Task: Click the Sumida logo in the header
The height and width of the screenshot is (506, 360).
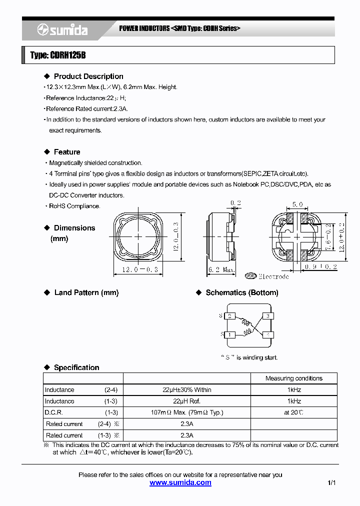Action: pos(62,30)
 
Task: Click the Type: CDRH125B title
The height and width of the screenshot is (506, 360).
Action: pos(58,55)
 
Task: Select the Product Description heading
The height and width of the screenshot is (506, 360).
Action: pos(88,76)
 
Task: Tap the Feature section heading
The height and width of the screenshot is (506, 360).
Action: pos(66,152)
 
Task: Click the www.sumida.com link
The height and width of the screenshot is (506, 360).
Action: pos(180,482)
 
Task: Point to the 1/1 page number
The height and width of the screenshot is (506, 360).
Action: pos(332,483)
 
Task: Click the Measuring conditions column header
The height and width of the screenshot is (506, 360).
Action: pos(293,378)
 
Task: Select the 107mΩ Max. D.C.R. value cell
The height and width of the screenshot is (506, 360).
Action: pos(187,412)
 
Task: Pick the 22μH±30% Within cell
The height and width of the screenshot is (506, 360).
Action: pos(187,390)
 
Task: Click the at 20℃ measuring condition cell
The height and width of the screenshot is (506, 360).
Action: pos(293,412)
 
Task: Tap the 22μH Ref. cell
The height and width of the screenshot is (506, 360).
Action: pos(187,401)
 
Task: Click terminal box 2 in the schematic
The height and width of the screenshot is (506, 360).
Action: pos(229,316)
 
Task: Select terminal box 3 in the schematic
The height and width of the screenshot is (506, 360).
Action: pos(268,316)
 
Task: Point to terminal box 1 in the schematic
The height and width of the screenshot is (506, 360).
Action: pos(229,334)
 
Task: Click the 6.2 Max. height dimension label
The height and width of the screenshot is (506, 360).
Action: pos(221,270)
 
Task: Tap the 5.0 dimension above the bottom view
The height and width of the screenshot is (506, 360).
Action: pos(297,204)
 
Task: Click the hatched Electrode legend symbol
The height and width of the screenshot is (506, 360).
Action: pos(250,276)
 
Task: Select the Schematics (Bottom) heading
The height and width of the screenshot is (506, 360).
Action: pos(241,293)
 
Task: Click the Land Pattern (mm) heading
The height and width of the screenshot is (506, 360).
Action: pos(86,293)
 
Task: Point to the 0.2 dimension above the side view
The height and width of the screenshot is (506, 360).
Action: pos(235,202)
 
